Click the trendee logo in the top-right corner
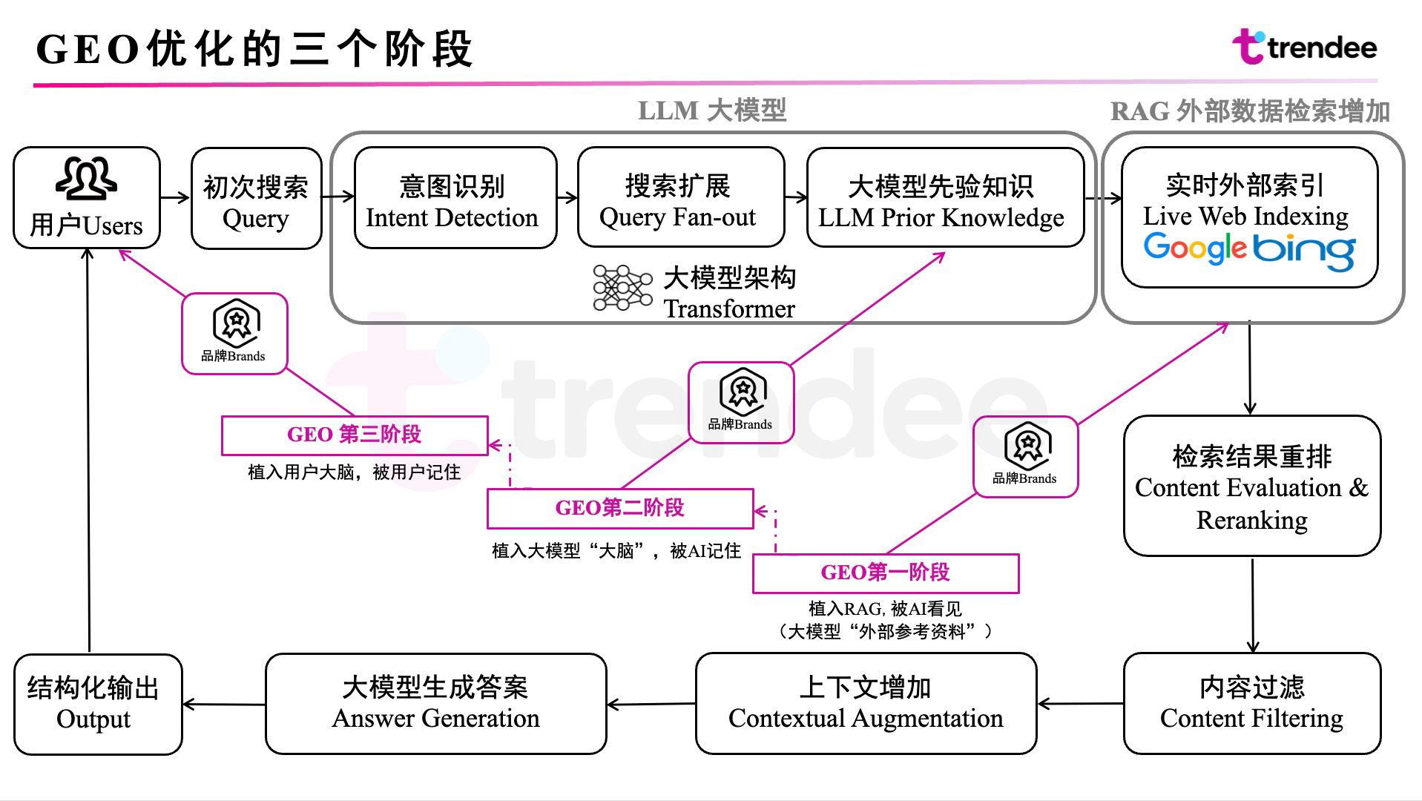pos(1304,47)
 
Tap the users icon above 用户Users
pos(86,179)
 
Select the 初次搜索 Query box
pos(256,199)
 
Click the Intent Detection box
pos(455,198)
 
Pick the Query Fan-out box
pos(680,198)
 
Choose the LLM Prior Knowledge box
pos(944,198)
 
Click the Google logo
pos(1194,248)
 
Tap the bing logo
pos(1304,251)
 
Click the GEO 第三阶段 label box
pos(355,435)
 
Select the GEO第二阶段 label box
pos(620,508)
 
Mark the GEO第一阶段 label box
pos(886,573)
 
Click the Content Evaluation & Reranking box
pos(1251,487)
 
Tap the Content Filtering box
pos(1251,703)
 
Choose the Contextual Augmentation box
pos(866,703)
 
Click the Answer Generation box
pos(435,703)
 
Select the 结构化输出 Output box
pos(97,704)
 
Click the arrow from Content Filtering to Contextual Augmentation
pos(1080,704)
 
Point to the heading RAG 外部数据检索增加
pos(1250,111)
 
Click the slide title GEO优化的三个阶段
pos(254,50)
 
